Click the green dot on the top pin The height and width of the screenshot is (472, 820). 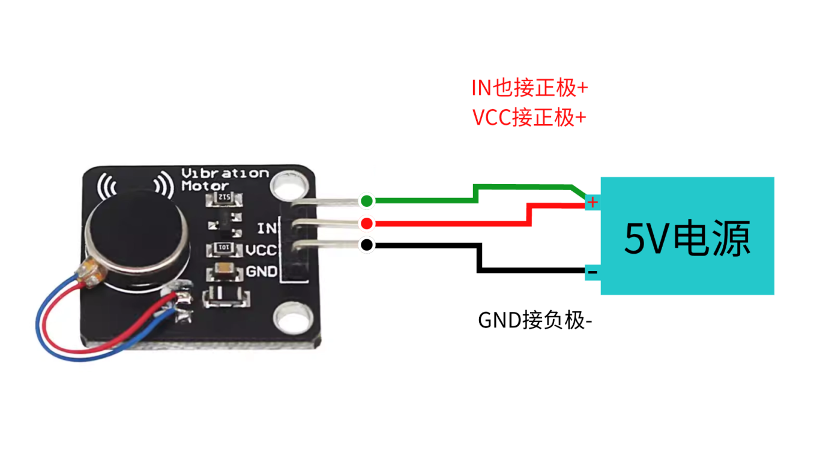(x=366, y=200)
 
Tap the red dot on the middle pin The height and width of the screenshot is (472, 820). (x=366, y=224)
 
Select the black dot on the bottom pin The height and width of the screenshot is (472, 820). (x=366, y=245)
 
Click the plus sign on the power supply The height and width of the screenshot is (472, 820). (x=592, y=202)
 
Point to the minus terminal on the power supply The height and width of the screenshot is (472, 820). (x=592, y=273)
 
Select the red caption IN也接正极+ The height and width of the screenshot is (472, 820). (x=529, y=89)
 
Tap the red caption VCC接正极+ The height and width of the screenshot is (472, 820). (x=529, y=117)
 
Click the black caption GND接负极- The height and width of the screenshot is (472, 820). (x=535, y=321)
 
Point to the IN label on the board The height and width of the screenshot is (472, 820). (x=267, y=228)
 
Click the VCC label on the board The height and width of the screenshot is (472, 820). (x=261, y=249)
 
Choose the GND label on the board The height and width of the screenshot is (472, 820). (x=262, y=272)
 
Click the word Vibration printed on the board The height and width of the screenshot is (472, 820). (x=225, y=173)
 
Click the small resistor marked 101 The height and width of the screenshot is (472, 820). (x=223, y=248)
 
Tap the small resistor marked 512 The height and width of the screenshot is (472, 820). (x=223, y=199)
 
